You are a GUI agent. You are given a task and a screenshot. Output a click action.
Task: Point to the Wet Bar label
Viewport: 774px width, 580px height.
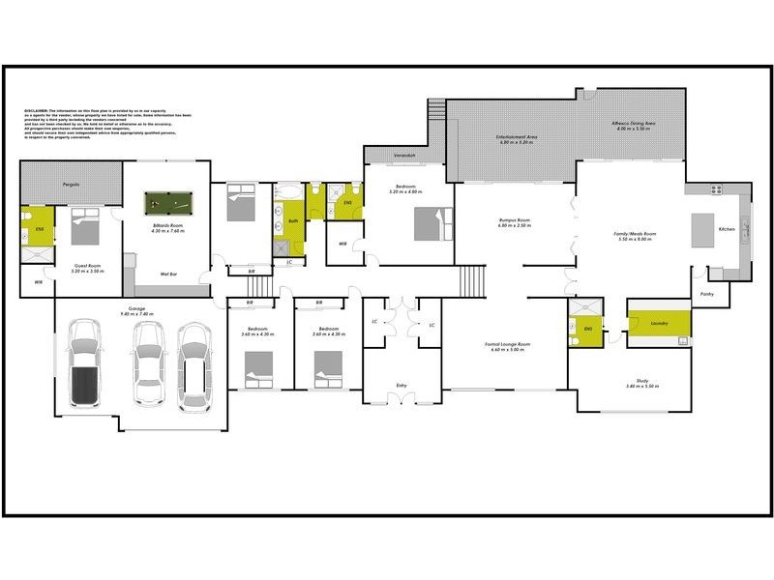pos(166,275)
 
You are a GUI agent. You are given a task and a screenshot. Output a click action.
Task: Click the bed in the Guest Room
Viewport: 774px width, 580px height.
pos(84,229)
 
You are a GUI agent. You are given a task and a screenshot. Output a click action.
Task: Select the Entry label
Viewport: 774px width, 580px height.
pos(402,386)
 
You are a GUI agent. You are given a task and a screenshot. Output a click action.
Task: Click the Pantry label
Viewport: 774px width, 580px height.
pos(707,293)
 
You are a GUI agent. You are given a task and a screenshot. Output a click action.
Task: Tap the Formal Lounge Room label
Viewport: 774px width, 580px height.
pos(504,345)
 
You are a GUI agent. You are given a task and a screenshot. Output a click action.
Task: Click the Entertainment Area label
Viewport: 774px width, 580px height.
pos(516,138)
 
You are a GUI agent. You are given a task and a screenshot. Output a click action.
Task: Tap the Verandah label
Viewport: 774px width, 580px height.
pos(404,157)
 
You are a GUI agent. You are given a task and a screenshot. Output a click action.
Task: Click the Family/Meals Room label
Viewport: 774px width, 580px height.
pos(635,234)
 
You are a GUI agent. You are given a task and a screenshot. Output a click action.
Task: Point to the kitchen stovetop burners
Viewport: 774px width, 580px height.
pos(718,189)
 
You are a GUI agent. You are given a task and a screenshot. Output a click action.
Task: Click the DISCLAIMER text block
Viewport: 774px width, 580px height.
pos(106,127)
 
